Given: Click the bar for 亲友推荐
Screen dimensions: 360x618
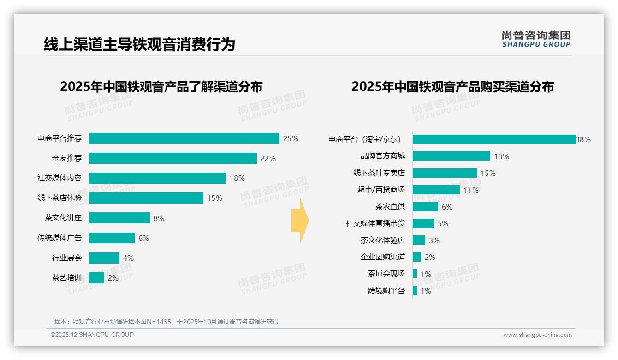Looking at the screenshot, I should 172,158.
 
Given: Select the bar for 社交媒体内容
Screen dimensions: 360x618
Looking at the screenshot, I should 157,178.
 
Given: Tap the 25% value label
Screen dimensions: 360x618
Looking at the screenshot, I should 291,138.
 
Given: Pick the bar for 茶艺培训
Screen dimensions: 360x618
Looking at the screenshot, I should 96,278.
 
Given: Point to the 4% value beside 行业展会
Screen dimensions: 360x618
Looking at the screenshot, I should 128,258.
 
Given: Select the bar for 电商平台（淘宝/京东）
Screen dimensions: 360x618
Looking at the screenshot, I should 494,139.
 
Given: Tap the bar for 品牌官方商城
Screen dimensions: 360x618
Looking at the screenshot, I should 451,156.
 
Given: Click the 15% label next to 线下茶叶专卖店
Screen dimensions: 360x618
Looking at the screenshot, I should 488,173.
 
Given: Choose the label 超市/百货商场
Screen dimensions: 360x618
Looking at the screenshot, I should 381,190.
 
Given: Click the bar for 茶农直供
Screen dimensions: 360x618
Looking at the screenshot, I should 425,207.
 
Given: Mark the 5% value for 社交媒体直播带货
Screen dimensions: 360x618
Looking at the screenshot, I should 443,223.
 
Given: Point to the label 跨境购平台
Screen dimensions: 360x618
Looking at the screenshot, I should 386,291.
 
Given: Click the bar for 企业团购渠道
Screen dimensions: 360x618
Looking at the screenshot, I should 417,257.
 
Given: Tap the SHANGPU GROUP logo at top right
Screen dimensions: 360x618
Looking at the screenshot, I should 536,39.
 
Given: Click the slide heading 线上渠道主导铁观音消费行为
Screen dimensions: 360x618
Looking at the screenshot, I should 139,44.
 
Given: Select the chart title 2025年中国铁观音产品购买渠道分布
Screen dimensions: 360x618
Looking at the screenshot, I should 452,87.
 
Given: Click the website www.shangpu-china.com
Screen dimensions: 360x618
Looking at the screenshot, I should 537,335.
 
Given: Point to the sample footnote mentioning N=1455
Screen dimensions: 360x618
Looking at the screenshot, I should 166,322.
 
